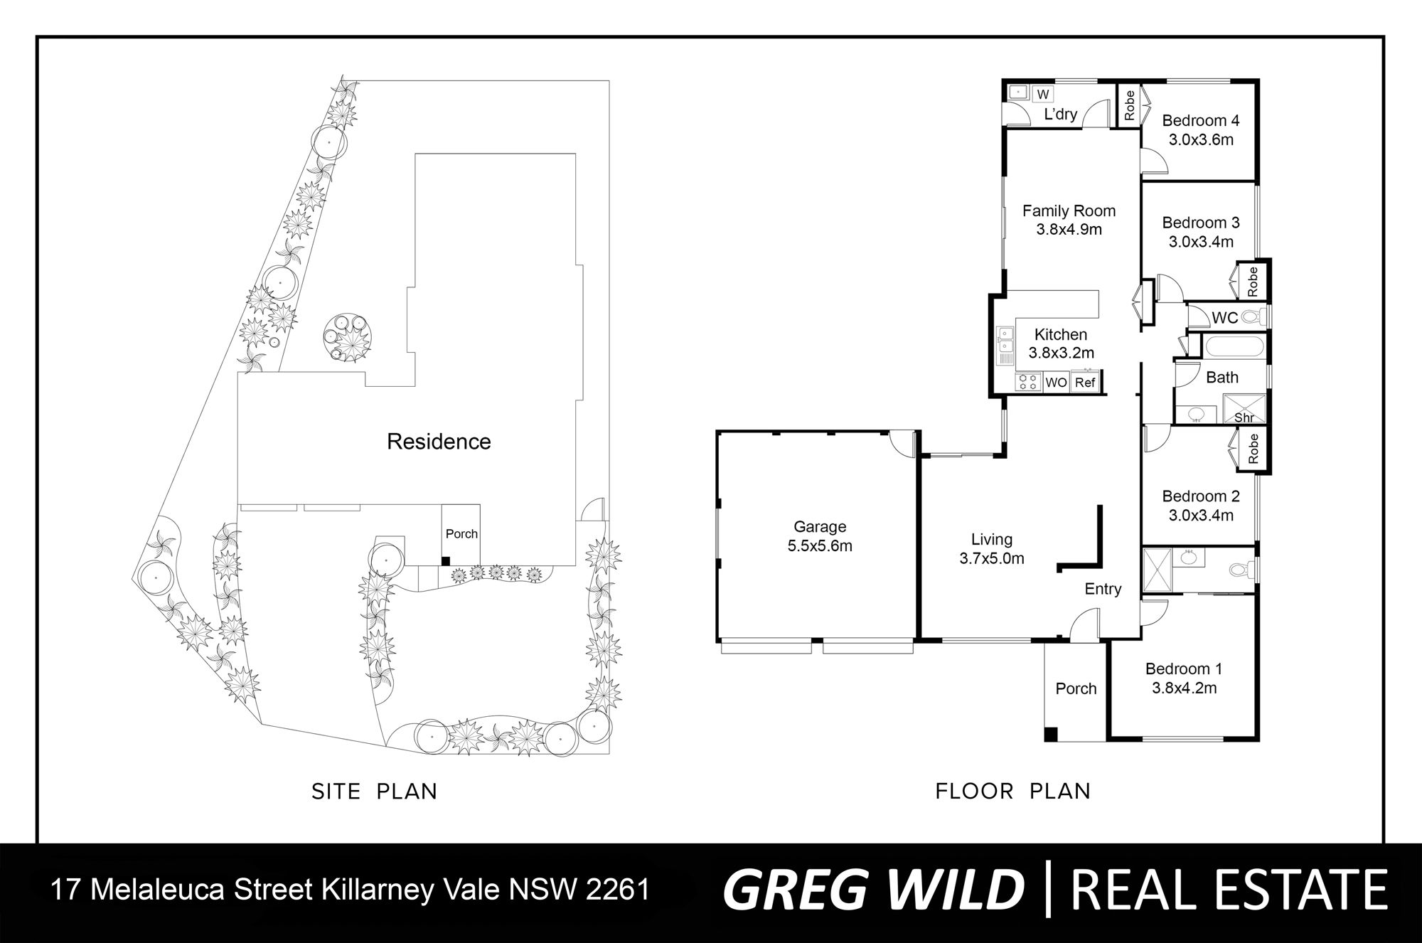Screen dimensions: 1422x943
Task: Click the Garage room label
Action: [x=820, y=527]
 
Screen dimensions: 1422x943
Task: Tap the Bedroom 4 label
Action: [x=1201, y=121]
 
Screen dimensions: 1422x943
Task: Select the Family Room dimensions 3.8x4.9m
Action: [x=1069, y=230]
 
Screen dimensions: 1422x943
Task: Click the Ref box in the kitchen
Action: [x=1085, y=382]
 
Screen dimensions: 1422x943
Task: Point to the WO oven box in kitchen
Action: [x=1056, y=383]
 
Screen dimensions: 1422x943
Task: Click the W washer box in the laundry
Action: [x=1043, y=94]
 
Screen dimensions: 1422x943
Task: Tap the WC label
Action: [x=1224, y=319]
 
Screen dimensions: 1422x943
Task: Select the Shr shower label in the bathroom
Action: [x=1244, y=418]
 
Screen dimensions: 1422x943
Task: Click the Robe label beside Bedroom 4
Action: [x=1129, y=105]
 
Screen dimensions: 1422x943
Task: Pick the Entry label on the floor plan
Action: [x=1103, y=589]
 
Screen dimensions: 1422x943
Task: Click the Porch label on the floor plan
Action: [x=1076, y=688]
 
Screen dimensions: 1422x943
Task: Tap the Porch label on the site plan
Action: [x=461, y=534]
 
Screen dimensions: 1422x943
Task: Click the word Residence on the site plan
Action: [x=439, y=442]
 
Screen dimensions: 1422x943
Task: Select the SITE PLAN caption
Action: [x=374, y=792]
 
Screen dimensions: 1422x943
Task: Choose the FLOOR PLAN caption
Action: [x=1012, y=792]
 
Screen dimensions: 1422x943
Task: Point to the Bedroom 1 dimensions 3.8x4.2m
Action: [x=1184, y=688]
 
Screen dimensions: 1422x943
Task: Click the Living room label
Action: [x=992, y=540]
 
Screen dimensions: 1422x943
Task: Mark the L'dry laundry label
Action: [x=1060, y=114]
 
